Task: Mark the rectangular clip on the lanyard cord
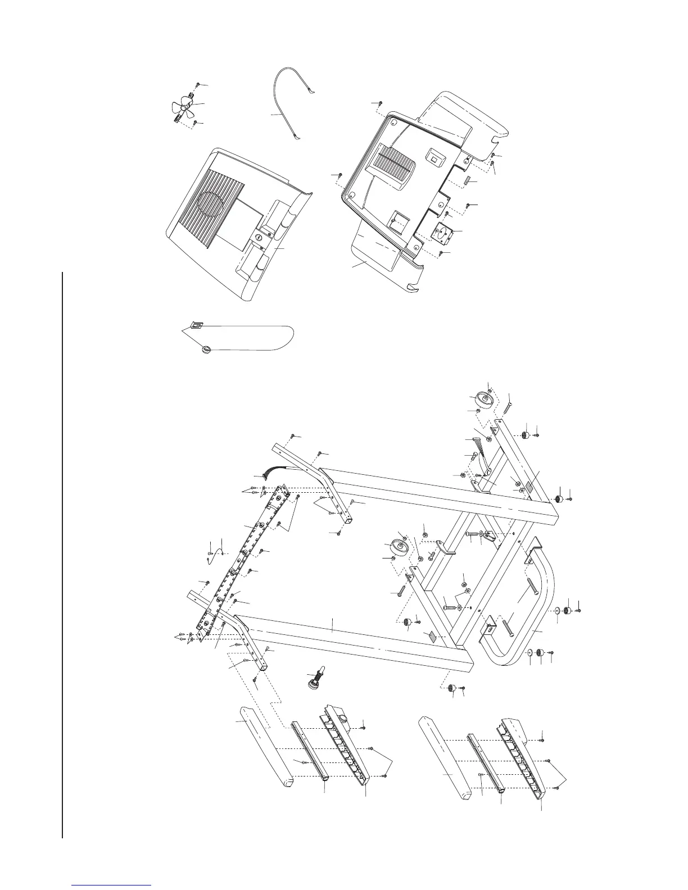point(196,325)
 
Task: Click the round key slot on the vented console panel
point(259,238)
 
